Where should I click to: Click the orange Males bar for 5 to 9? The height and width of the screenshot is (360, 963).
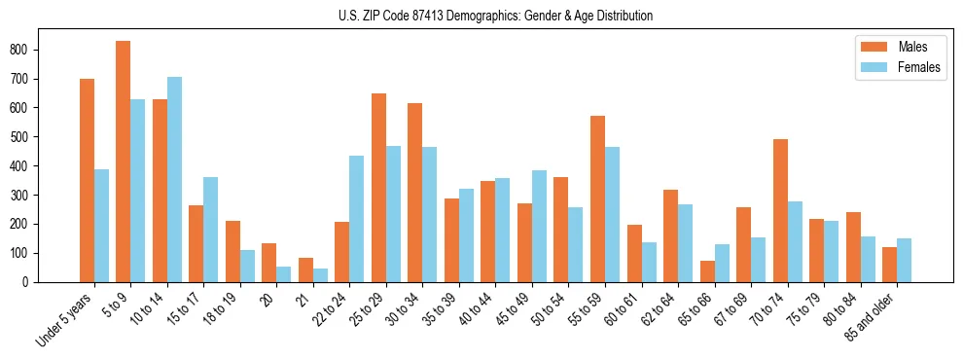tap(124, 162)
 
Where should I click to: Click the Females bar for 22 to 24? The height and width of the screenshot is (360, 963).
tap(357, 219)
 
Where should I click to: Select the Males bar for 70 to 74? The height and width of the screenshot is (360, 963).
tap(780, 210)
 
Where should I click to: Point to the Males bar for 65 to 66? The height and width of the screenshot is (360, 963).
tap(707, 271)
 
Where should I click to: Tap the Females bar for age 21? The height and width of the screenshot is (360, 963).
tap(320, 275)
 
